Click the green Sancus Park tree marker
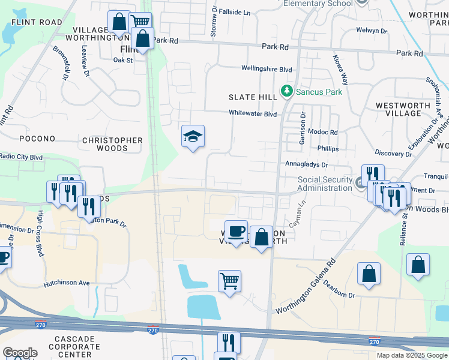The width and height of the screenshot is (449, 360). click(x=287, y=92)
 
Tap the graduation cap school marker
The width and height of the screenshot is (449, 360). click(x=193, y=137)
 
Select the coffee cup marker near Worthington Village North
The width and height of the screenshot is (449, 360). click(x=237, y=232)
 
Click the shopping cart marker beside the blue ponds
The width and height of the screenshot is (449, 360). click(x=229, y=281)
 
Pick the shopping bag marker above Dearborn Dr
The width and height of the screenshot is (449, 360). click(x=369, y=274)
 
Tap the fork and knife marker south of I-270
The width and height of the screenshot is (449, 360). click(x=228, y=343)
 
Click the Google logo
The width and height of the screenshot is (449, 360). click(x=20, y=353)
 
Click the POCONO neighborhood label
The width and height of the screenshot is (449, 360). click(x=37, y=139)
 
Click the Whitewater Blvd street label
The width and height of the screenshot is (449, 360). click(x=252, y=113)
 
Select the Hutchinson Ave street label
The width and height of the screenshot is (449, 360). click(x=66, y=283)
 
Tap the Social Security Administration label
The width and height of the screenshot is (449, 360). click(x=325, y=184)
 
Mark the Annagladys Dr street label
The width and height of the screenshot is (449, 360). click(x=307, y=164)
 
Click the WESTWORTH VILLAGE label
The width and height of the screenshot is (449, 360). click(x=403, y=109)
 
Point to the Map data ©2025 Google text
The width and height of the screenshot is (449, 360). click(x=411, y=355)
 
